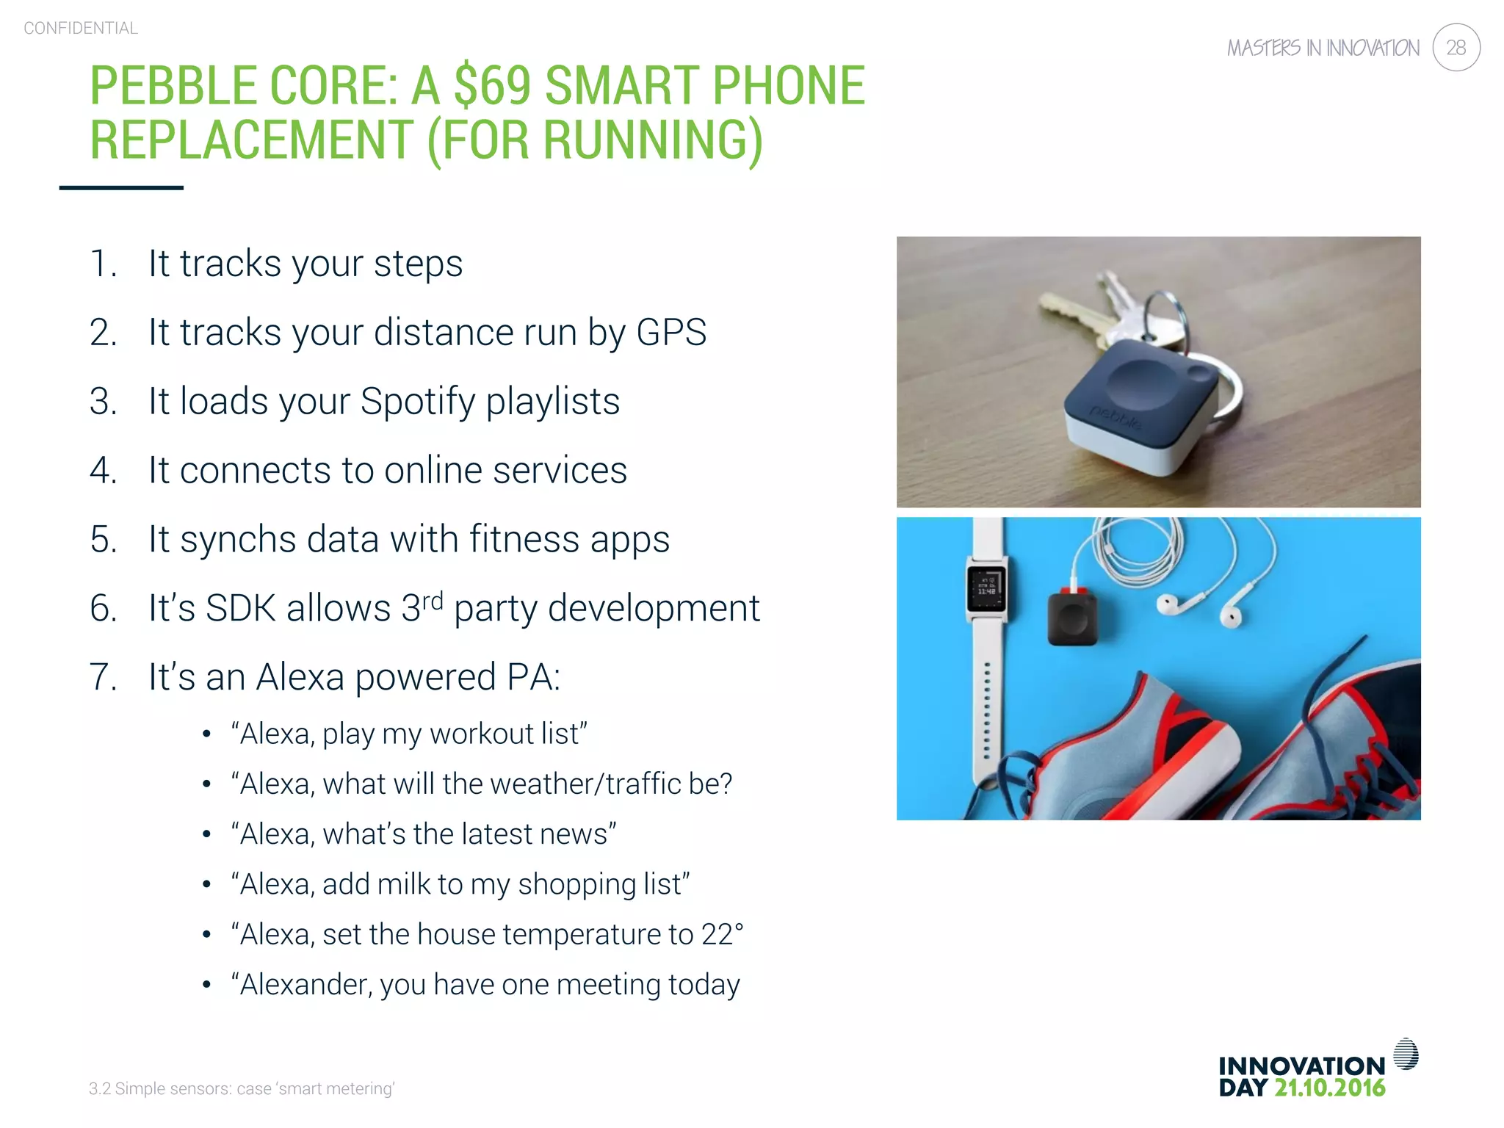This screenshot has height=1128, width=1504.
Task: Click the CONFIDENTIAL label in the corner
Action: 81,28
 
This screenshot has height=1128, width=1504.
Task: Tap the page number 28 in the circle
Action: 1456,48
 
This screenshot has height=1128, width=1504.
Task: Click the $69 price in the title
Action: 492,85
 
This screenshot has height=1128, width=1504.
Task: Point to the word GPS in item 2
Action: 671,332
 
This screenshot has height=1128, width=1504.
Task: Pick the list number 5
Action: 102,539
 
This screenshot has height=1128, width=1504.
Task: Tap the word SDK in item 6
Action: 240,608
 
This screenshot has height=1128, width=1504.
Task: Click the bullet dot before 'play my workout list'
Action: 207,734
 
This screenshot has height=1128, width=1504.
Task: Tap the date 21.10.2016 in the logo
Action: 1329,1088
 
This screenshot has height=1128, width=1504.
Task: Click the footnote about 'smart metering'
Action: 242,1088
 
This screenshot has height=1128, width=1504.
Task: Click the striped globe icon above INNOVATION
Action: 1405,1054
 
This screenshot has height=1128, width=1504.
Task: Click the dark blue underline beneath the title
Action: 121,188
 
